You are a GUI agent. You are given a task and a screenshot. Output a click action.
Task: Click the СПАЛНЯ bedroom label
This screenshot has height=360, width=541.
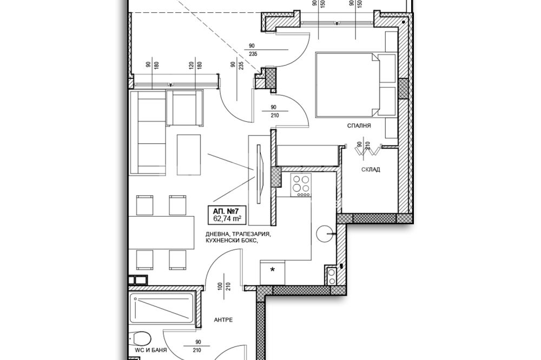[x=359, y=126]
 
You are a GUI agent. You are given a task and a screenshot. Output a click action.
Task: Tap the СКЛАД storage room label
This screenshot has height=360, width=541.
[x=371, y=170]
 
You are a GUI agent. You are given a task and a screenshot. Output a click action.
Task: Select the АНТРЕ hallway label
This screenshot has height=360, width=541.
[x=223, y=320]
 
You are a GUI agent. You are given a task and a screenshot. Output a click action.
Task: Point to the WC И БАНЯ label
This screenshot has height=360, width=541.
[x=151, y=350]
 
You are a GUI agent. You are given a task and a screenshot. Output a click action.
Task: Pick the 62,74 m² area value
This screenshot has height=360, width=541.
[x=227, y=218]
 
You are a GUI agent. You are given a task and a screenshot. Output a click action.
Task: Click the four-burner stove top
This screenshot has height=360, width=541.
[x=301, y=185]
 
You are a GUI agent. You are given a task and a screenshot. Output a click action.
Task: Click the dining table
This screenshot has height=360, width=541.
[x=161, y=233]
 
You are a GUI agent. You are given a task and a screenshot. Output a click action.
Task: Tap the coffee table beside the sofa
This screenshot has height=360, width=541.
[x=189, y=155]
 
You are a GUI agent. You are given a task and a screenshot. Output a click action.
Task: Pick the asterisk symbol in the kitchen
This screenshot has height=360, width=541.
[x=273, y=270]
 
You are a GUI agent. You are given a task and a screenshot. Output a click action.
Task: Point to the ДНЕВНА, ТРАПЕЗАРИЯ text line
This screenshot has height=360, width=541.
[x=238, y=234]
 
